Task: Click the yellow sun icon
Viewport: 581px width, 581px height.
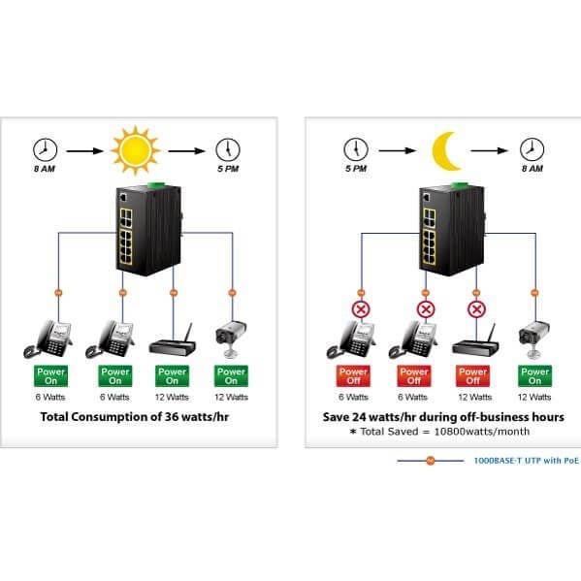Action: point(135,150)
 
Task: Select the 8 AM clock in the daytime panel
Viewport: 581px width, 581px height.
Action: point(46,149)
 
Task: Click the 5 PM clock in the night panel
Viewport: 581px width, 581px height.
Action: point(356,149)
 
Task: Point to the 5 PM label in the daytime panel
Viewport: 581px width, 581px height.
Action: point(228,169)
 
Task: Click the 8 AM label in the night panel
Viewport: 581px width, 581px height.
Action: point(533,169)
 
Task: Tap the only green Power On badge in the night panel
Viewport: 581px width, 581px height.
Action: point(534,376)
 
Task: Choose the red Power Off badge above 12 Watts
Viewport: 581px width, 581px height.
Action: point(472,376)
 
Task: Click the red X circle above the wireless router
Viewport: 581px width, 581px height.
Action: point(476,309)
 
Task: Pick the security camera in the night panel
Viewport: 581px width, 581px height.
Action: point(533,339)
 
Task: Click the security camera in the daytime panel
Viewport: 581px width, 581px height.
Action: point(231,339)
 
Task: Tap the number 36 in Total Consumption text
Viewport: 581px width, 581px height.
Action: point(173,417)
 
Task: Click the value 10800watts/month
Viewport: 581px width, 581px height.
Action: point(482,432)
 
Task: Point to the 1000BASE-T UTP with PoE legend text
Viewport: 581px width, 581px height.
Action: point(526,461)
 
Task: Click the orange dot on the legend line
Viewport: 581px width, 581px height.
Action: point(431,461)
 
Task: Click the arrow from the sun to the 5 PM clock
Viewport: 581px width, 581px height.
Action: point(187,150)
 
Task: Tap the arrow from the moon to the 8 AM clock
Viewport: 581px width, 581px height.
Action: point(490,150)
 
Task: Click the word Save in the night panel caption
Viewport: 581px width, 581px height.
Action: point(336,417)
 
